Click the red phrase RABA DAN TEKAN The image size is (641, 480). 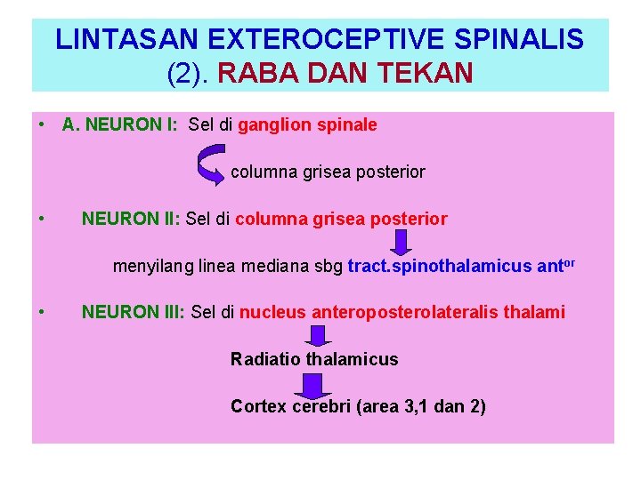(x=345, y=72)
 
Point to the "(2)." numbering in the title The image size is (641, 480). (x=187, y=72)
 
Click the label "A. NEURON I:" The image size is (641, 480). (x=120, y=125)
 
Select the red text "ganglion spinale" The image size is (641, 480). (x=307, y=125)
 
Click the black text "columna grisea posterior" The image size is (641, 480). (x=328, y=172)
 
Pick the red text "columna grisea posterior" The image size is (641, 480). (x=341, y=219)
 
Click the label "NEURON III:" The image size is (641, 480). (x=134, y=312)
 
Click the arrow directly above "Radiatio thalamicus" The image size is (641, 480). (x=318, y=335)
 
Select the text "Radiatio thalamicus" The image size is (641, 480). (x=314, y=359)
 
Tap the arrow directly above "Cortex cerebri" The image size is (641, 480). (x=310, y=385)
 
